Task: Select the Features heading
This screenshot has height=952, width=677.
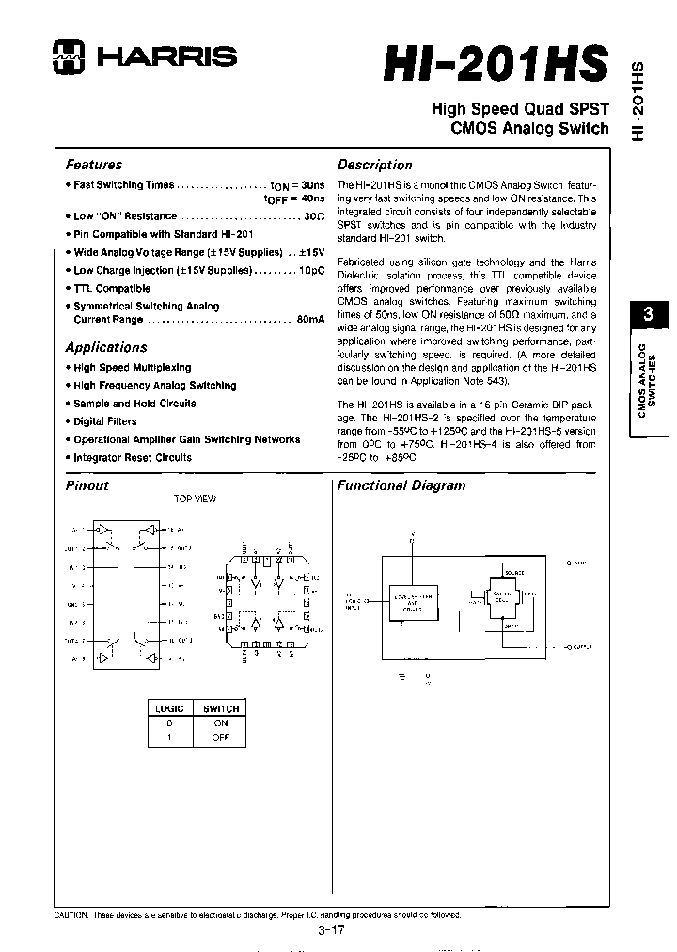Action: pos(93,164)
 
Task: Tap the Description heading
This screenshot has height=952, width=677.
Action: pos(374,165)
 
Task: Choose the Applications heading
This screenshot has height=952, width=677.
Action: pos(106,347)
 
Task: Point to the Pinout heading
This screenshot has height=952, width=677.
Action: pos(87,485)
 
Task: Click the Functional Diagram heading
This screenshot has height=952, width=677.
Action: pos(401,485)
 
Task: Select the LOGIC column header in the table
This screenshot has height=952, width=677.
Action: pos(169,708)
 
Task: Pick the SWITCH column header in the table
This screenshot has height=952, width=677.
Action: pos(221,708)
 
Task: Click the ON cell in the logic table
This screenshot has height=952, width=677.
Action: pos(221,723)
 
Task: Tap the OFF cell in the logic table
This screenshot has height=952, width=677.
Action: pos(221,738)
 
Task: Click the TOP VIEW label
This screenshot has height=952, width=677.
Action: pos(195,499)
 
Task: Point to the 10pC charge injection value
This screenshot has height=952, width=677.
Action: pos(311,271)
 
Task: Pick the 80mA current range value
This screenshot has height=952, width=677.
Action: pos(310,320)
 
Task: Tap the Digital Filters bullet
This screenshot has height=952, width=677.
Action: pos(104,421)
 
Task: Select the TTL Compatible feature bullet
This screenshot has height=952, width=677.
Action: pos(111,289)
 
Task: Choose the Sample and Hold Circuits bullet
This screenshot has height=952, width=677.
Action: pos(134,404)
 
